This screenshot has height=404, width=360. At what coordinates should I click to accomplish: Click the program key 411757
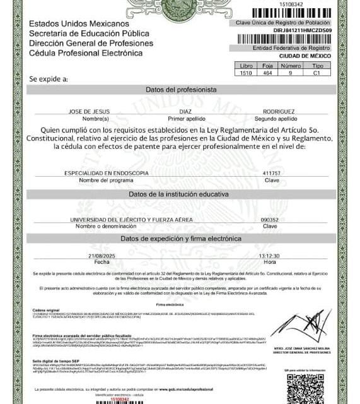coord(271,172)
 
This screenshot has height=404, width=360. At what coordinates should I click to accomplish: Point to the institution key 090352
coord(270,218)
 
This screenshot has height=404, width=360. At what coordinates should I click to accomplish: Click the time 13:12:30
coord(269,255)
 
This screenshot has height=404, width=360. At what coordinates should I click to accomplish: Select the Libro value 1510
coord(245,73)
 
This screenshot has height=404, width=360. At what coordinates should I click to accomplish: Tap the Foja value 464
coord(267,73)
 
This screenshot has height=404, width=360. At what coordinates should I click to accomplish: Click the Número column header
coord(290,65)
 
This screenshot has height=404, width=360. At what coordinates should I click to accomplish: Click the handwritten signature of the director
coord(301,324)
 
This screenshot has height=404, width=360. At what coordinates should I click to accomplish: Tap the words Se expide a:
coord(49,79)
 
